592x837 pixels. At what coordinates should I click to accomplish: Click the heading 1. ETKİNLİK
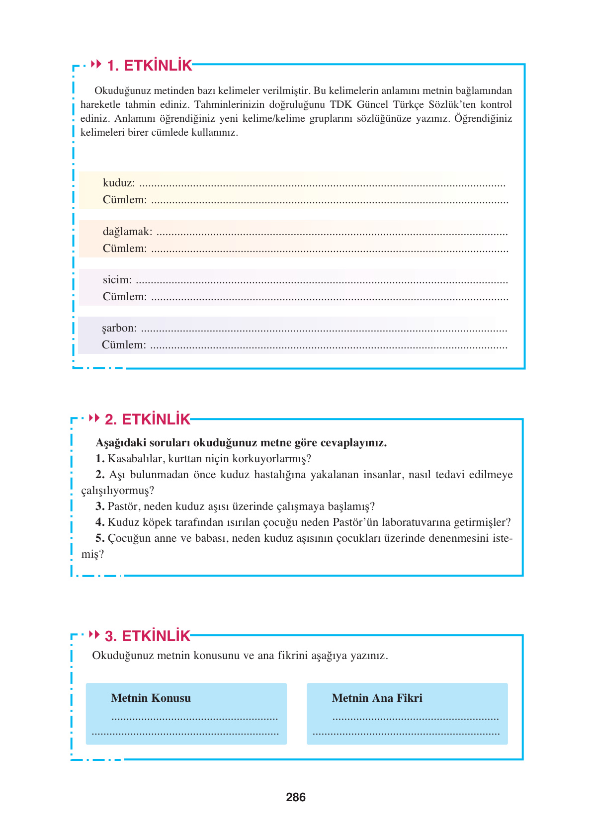pyautogui.click(x=150, y=66)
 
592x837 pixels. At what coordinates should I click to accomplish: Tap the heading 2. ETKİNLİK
pyautogui.click(x=148, y=419)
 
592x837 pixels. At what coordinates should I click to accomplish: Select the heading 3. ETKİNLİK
pyautogui.click(x=148, y=636)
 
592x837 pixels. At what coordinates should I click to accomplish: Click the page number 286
pyautogui.click(x=296, y=797)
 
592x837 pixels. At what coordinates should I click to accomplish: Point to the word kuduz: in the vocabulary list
pyautogui.click(x=119, y=183)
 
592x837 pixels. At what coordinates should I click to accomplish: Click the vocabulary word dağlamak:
pyautogui.click(x=127, y=232)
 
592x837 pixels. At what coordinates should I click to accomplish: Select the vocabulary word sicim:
pyautogui.click(x=117, y=280)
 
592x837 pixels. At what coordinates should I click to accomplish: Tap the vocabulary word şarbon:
pyautogui.click(x=119, y=328)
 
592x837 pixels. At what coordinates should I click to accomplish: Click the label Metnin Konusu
pyautogui.click(x=151, y=698)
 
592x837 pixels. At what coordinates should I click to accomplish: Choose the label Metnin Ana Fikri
pyautogui.click(x=377, y=698)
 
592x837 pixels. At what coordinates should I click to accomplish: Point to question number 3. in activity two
pyautogui.click(x=100, y=506)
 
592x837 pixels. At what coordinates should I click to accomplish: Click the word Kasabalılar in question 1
pyautogui.click(x=136, y=459)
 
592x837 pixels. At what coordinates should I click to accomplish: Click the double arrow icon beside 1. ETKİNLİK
pyautogui.click(x=96, y=64)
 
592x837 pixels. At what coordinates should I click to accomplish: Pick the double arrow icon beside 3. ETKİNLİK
pyautogui.click(x=94, y=635)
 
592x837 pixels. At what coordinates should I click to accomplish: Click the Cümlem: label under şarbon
pyautogui.click(x=124, y=345)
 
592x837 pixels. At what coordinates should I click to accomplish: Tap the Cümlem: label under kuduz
pyautogui.click(x=125, y=200)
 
